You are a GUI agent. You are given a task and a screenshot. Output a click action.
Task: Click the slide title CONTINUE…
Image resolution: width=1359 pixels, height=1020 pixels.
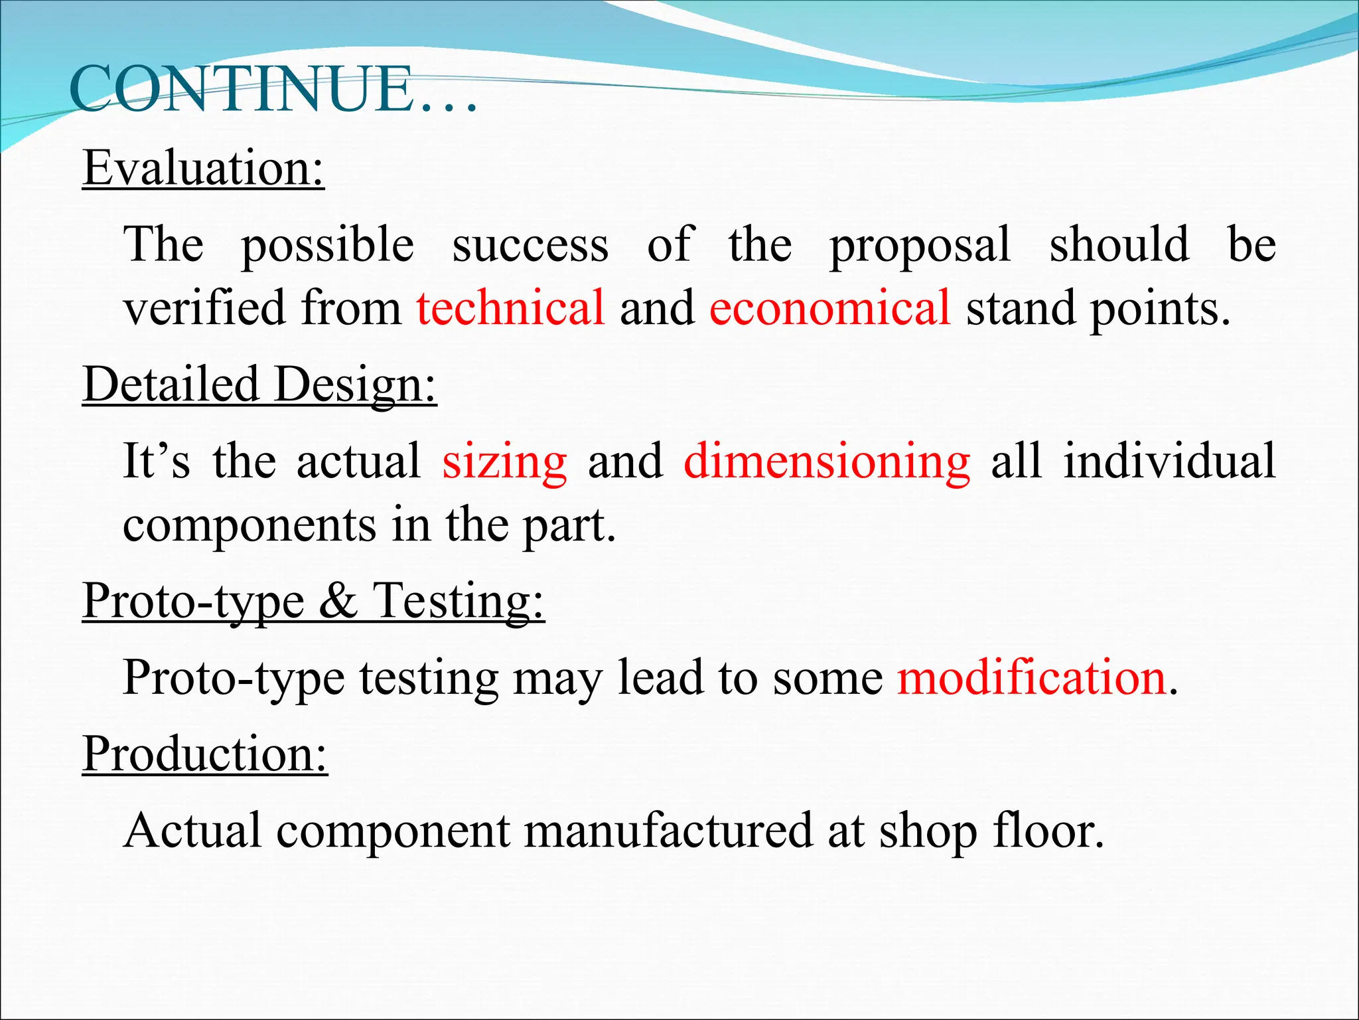(272, 90)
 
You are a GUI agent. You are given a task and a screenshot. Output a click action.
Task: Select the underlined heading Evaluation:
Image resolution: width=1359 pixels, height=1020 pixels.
(204, 167)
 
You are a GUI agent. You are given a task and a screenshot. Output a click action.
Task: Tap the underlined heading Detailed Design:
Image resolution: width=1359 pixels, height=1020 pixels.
(259, 384)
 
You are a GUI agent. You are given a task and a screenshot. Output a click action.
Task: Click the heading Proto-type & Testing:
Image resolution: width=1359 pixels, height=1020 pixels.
(313, 600)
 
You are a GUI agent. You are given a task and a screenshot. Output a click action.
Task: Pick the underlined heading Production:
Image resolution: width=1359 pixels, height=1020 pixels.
(205, 754)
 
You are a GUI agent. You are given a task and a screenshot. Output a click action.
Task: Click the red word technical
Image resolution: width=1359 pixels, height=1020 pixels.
(510, 307)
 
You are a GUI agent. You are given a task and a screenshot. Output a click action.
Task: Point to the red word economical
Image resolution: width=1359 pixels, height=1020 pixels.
(829, 307)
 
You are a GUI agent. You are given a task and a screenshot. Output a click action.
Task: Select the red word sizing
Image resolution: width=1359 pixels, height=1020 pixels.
(504, 462)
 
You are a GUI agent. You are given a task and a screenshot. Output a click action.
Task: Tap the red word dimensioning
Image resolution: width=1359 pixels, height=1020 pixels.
(826, 462)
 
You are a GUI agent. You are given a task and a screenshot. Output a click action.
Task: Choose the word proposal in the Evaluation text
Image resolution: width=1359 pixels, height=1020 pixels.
(920, 246)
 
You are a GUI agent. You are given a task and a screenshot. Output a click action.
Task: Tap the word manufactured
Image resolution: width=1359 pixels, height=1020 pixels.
(668, 830)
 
